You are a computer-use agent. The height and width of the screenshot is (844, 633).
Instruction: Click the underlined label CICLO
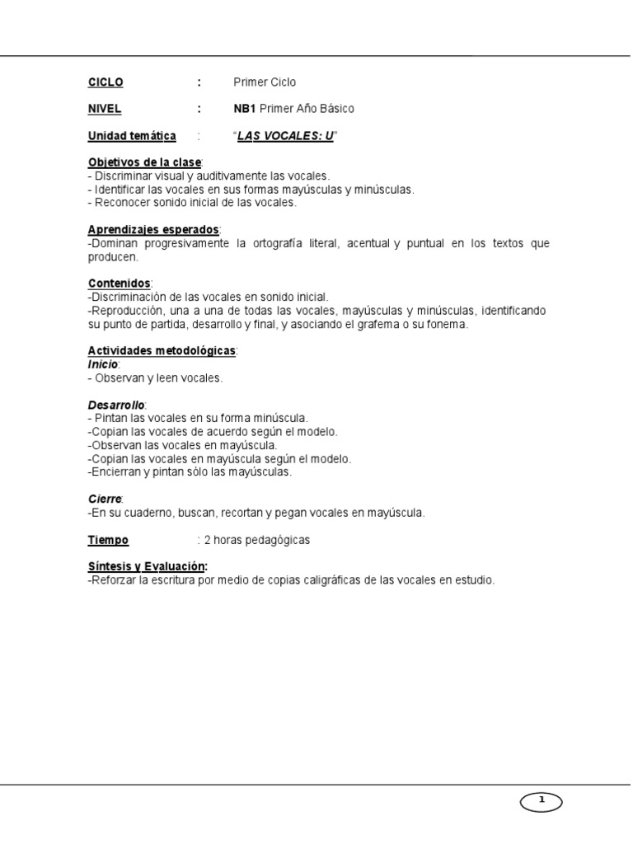pyautogui.click(x=105, y=82)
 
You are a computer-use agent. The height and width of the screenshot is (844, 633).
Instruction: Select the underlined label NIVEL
pyautogui.click(x=105, y=109)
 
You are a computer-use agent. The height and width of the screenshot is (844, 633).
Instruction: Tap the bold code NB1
pyautogui.click(x=245, y=109)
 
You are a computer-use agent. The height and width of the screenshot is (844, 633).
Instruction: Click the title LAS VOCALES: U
pyautogui.click(x=285, y=136)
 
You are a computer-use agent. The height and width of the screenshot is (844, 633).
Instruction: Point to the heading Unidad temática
pyautogui.click(x=132, y=136)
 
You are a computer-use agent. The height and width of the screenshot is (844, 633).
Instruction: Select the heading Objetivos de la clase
pyautogui.click(x=144, y=162)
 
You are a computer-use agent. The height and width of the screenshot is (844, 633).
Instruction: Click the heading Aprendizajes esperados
pyautogui.click(x=153, y=229)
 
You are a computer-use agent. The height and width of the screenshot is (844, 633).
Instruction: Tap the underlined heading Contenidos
pyautogui.click(x=119, y=284)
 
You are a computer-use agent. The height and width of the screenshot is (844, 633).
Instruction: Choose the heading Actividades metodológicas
pyautogui.click(x=162, y=351)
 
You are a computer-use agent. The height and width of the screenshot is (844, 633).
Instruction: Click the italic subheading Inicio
pyautogui.click(x=103, y=364)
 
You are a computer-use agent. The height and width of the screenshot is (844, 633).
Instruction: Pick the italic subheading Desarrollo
pyautogui.click(x=116, y=405)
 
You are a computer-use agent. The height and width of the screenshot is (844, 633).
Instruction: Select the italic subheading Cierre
pyautogui.click(x=105, y=499)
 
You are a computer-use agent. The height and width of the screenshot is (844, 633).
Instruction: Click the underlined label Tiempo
pyautogui.click(x=108, y=540)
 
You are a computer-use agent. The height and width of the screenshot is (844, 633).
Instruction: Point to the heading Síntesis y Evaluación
pyautogui.click(x=148, y=567)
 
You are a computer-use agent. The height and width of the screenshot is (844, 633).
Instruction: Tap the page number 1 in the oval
pyautogui.click(x=541, y=799)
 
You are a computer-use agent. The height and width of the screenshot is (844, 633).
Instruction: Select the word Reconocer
pyautogui.click(x=122, y=202)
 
